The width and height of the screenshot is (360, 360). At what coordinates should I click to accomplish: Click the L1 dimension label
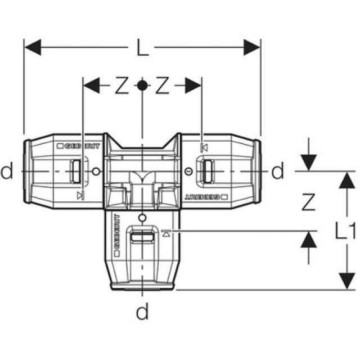[x=345, y=230]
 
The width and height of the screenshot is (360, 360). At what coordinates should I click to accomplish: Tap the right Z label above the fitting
[x=163, y=86]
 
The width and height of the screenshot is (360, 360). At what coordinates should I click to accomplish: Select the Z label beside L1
[x=307, y=201]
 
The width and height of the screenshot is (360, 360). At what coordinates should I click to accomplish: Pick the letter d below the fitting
[x=143, y=311]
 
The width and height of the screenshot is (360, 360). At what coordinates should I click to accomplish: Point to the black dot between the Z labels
[x=143, y=85]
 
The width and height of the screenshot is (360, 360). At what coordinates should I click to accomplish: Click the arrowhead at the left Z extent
[x=90, y=85]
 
